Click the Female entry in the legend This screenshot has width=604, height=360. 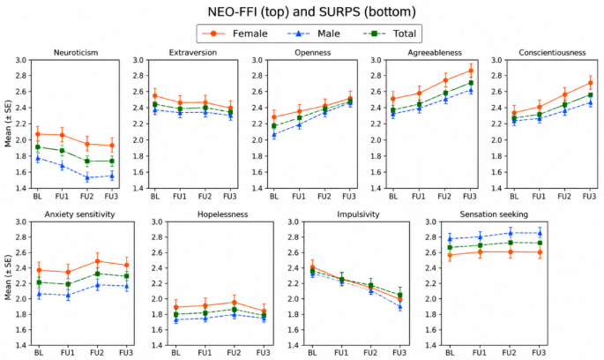pyautogui.click(x=235, y=34)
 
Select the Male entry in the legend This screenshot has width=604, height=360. pyautogui.click(x=314, y=34)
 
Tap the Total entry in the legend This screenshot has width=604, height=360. pyautogui.click(x=390, y=34)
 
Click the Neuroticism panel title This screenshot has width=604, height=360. pyautogui.click(x=76, y=52)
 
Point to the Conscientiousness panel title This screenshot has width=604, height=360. pyautogui.click(x=552, y=52)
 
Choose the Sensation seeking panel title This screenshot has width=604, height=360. pyautogui.click(x=494, y=214)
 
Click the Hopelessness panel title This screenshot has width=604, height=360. pyautogui.click(x=223, y=214)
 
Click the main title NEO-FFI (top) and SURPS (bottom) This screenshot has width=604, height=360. pyautogui.click(x=311, y=11)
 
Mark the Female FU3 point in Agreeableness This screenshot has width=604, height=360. pyautogui.click(x=471, y=71)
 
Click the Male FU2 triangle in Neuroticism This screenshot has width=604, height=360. pyautogui.click(x=87, y=177)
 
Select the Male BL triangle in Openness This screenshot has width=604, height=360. pyautogui.click(x=274, y=134)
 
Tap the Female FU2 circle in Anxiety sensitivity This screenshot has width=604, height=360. pyautogui.click(x=97, y=261)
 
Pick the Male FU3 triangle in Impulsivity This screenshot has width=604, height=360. pyautogui.click(x=399, y=307)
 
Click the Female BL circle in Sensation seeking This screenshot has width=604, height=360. pyautogui.click(x=450, y=255)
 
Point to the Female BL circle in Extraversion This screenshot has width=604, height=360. pyautogui.click(x=155, y=95)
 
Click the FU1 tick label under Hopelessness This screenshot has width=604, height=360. pyautogui.click(x=205, y=353)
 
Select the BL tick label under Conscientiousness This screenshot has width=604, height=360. pyautogui.click(x=514, y=197)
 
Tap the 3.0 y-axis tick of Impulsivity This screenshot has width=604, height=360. pyautogui.click(x=294, y=221)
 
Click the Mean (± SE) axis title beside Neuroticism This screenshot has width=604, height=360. pyautogui.click(x=8, y=124)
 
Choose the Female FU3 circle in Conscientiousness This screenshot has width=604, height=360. pyautogui.click(x=590, y=83)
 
